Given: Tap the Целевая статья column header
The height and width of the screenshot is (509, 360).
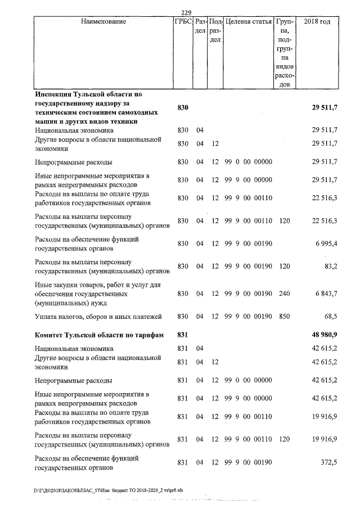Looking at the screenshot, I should [248, 22].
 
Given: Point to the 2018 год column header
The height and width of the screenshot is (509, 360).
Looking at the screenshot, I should [317, 22].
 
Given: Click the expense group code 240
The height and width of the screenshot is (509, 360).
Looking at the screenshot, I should [285, 294].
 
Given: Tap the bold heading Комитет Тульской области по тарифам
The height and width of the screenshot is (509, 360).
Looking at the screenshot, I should [99, 336].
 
